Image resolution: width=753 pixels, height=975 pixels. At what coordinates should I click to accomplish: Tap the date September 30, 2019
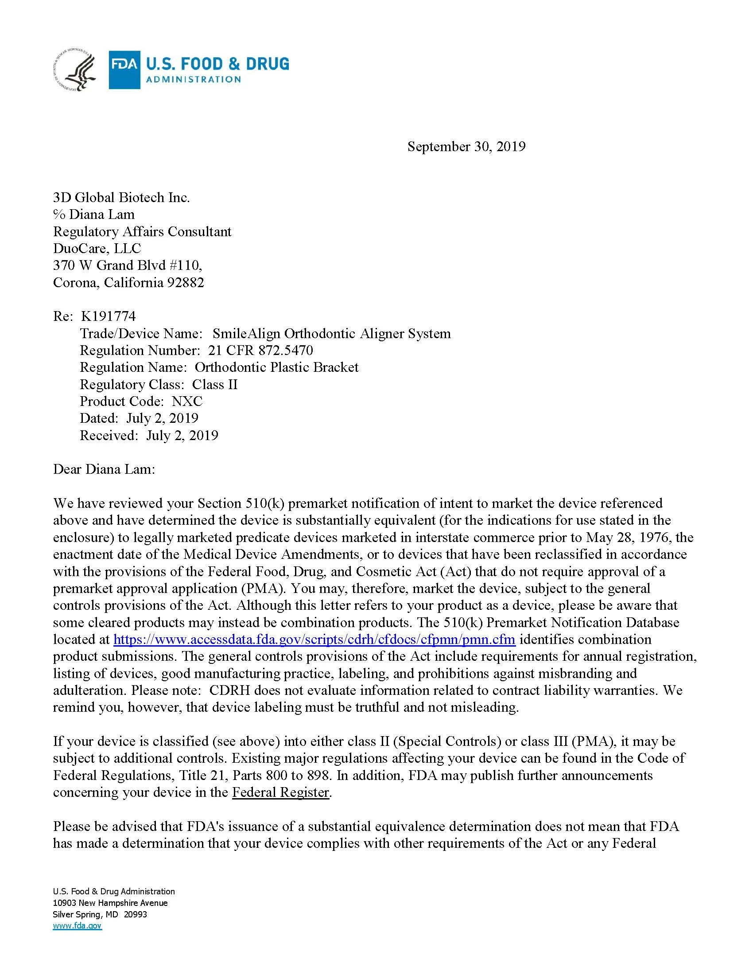pos(466,146)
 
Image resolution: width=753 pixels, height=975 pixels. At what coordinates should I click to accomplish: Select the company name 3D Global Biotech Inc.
pos(121,197)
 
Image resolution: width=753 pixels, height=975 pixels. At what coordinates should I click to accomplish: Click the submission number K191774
pos(109,316)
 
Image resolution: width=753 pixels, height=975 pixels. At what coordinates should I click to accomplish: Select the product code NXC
pos(187,401)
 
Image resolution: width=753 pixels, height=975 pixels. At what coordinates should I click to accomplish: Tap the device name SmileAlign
pos(246,333)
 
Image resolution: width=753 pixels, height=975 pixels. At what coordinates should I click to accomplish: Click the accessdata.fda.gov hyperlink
pos(314,639)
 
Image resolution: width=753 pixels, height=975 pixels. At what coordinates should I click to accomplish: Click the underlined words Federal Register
pos(280,792)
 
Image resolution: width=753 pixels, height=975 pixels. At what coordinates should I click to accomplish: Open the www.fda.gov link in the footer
pos(77,926)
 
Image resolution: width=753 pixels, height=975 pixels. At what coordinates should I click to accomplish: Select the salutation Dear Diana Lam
pos(104,469)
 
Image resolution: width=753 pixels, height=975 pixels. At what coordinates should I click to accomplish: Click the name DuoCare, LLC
pos(97,248)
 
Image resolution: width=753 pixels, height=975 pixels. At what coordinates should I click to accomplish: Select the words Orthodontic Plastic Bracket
pos(276,367)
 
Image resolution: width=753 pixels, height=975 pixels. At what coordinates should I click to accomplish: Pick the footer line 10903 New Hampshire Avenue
pos(110,903)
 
